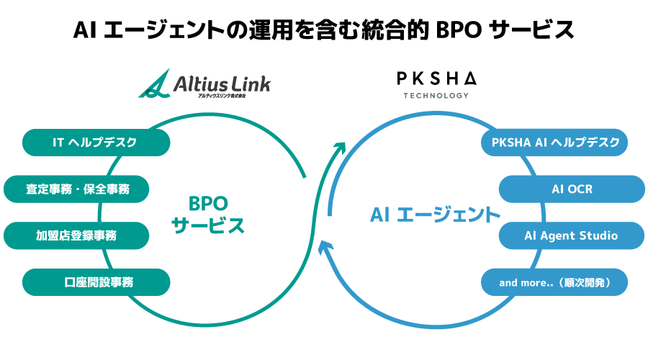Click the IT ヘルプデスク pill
pyautogui.click(x=96, y=143)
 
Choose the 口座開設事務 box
pyautogui.click(x=96, y=282)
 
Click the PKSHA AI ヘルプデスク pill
pyautogui.click(x=555, y=143)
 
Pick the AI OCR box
pyautogui.click(x=572, y=189)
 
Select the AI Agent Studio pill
pyautogui.click(x=572, y=235)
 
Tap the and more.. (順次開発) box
pyautogui.click(x=555, y=282)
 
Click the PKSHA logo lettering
pyautogui.click(x=436, y=78)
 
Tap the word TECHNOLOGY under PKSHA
pyautogui.click(x=436, y=95)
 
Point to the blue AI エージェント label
pyautogui.click(x=435, y=215)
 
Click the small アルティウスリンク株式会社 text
pyautogui.click(x=216, y=96)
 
